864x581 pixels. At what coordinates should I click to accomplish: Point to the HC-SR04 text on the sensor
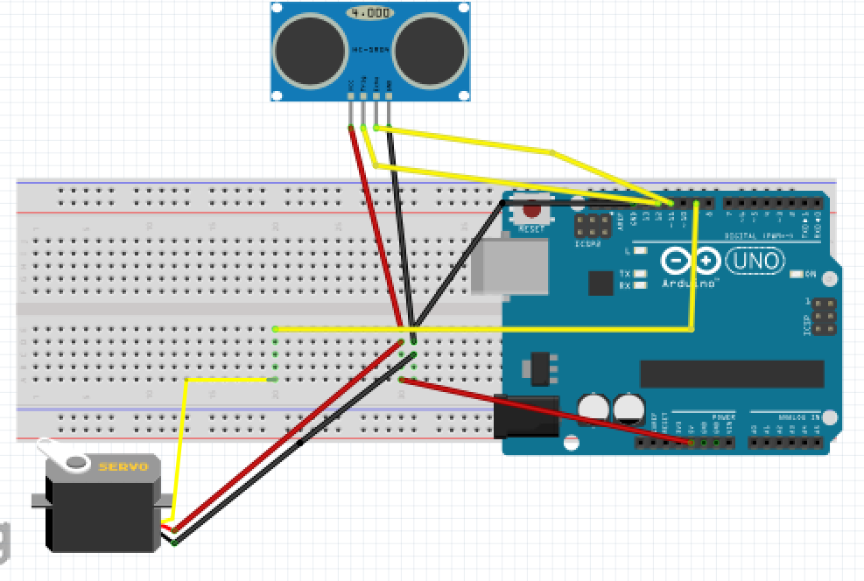tap(370, 51)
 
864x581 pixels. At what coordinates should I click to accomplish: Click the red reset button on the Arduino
tap(531, 211)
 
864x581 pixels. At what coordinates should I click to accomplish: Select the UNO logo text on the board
tap(755, 261)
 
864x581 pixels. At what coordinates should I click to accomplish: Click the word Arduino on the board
tap(689, 283)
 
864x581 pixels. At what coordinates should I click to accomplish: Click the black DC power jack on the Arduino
tap(525, 416)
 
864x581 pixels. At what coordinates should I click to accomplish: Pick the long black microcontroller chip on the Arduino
tap(731, 374)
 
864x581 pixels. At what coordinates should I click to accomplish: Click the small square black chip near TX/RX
tap(601, 283)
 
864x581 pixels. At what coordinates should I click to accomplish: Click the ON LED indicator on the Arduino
tap(796, 275)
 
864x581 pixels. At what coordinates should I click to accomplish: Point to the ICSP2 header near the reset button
tap(592, 225)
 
